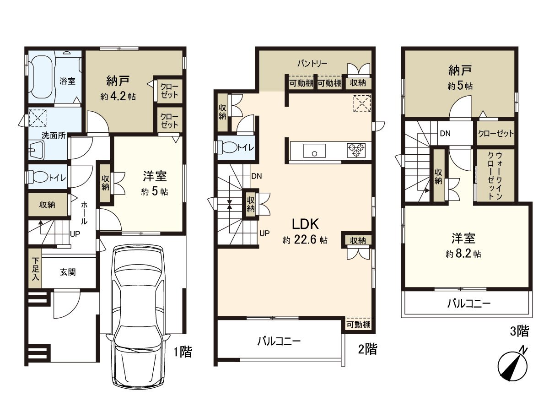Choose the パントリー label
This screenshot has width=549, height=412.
[312, 64]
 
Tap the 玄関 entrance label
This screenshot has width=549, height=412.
[67, 272]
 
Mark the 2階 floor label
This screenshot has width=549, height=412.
[367, 350]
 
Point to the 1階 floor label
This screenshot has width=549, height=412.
[182, 352]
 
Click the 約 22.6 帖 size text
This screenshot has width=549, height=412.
[305, 240]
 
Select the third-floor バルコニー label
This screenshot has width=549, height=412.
[468, 304]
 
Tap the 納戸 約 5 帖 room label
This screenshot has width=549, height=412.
[460, 77]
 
